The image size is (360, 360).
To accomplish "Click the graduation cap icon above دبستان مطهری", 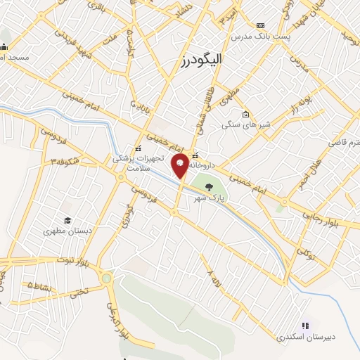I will point(68,220).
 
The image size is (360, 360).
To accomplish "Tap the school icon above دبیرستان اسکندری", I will point(305,326).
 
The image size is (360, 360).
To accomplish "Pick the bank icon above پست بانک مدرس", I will point(262,25).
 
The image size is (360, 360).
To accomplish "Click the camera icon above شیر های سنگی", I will point(245,115).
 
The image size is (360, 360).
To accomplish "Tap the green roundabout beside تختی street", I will point(106,278).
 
